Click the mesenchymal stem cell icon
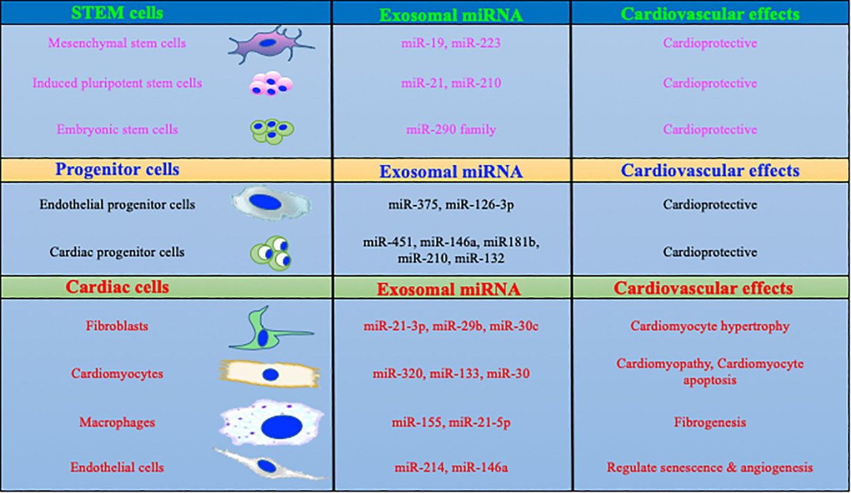tap(269, 43)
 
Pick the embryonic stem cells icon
tap(271, 130)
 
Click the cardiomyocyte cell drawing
tap(269, 374)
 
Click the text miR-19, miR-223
tap(451, 43)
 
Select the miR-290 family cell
tap(451, 131)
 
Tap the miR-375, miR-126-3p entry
tap(451, 206)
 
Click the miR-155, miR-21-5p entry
tap(451, 423)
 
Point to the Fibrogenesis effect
tap(710, 423)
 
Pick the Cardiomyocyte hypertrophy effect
tap(710, 327)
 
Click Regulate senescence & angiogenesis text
tap(710, 468)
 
